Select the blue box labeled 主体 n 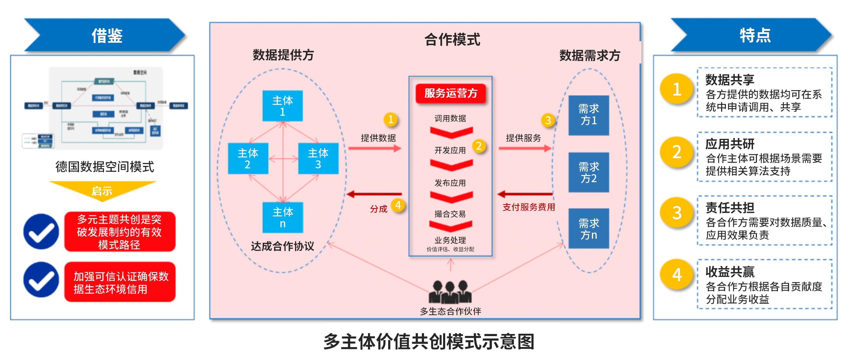tap(283, 218)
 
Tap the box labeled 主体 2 tap(248, 158)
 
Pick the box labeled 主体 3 tap(318, 158)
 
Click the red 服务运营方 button tap(451, 93)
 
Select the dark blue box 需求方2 tap(589, 172)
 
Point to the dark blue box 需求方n tap(589, 229)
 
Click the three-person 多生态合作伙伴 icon tap(450, 292)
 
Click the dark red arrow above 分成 tap(374, 194)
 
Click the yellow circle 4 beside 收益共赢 tap(677, 275)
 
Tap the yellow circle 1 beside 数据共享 tap(677, 89)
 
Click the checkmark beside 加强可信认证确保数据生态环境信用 tap(41, 280)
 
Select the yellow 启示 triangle tap(102, 190)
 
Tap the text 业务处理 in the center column tap(450, 240)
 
